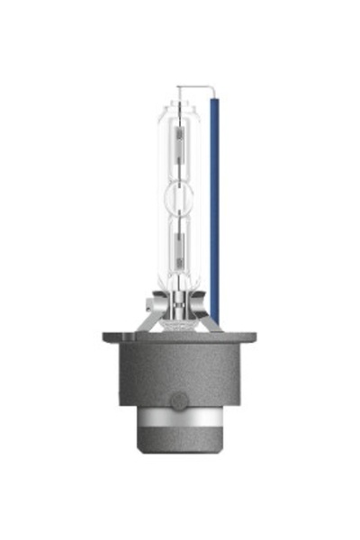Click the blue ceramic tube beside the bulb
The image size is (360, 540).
coord(214,207)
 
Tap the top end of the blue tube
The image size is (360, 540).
coord(214,100)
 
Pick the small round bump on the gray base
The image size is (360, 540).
coord(178,397)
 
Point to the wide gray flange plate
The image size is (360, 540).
coord(179,338)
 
